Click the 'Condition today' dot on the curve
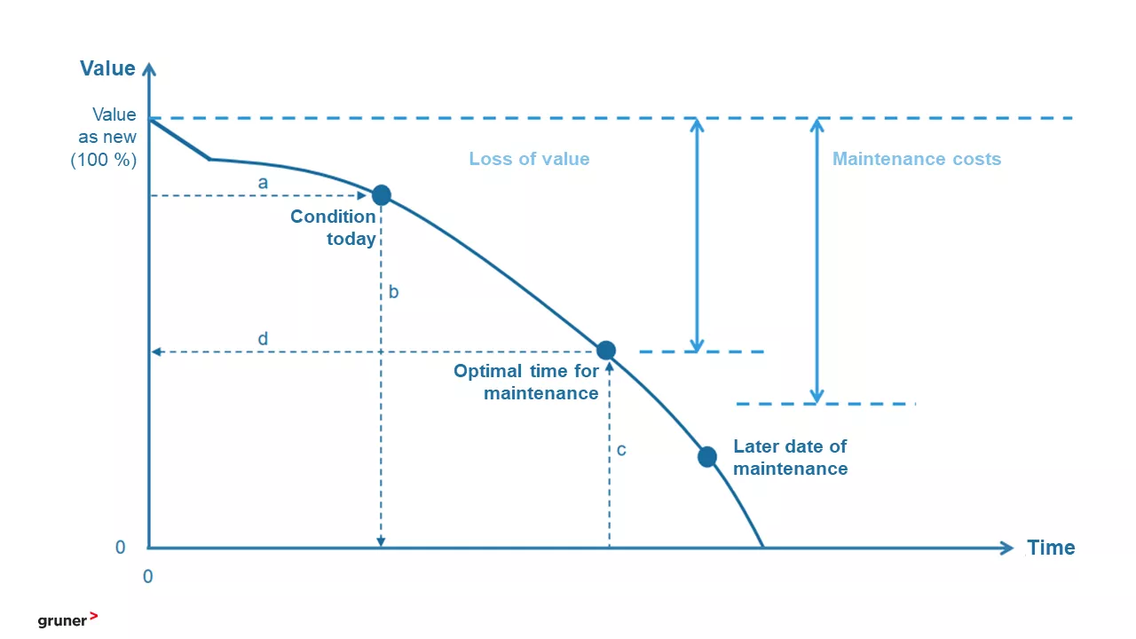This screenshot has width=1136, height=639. [382, 194]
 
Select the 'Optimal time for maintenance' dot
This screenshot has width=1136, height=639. [606, 350]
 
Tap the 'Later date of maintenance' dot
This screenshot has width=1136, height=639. [707, 457]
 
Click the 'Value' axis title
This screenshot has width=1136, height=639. [107, 68]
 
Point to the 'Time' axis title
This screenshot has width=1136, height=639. [1051, 548]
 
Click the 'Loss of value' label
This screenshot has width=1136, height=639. [529, 159]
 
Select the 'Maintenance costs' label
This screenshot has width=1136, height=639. [917, 159]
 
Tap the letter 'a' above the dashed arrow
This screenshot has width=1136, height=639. [263, 183]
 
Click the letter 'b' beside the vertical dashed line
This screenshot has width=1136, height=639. [393, 292]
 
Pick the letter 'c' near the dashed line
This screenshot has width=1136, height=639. [621, 450]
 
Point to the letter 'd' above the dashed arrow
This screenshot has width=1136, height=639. [263, 338]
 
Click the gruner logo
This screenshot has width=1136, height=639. [67, 619]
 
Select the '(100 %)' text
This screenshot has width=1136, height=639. [104, 160]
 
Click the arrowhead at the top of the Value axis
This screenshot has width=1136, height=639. [148, 69]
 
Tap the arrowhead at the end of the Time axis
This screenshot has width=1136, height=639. [1006, 548]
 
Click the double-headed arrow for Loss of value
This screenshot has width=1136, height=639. [697, 235]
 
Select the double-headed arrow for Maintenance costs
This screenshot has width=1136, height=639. [816, 261]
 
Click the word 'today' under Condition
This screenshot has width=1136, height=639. [351, 239]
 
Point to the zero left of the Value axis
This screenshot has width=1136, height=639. [120, 548]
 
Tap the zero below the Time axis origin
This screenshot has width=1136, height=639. [147, 577]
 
